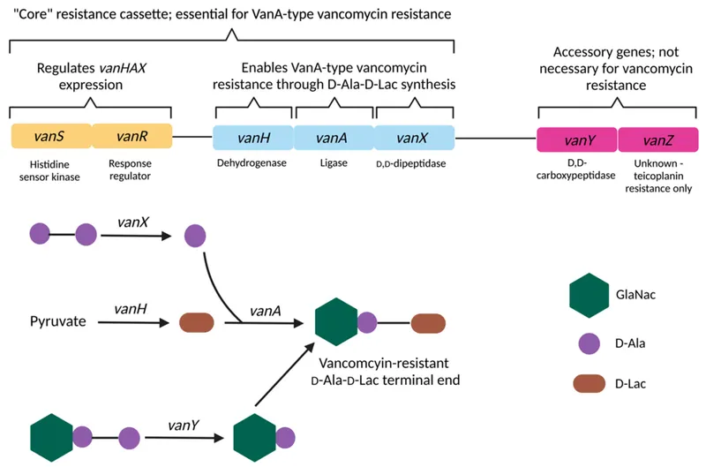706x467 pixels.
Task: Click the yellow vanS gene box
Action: point(51,137)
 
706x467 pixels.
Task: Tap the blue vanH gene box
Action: point(252,137)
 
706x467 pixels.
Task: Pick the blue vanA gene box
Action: point(334,137)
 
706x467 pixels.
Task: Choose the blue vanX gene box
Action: point(413,137)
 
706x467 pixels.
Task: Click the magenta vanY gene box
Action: point(576,139)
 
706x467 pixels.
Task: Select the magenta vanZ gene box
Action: point(657,139)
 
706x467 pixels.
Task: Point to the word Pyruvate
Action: point(57,322)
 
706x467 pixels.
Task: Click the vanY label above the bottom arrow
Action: point(183,425)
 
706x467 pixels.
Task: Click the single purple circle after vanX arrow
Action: point(196,236)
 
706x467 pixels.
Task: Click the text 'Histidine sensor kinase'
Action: point(50,169)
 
